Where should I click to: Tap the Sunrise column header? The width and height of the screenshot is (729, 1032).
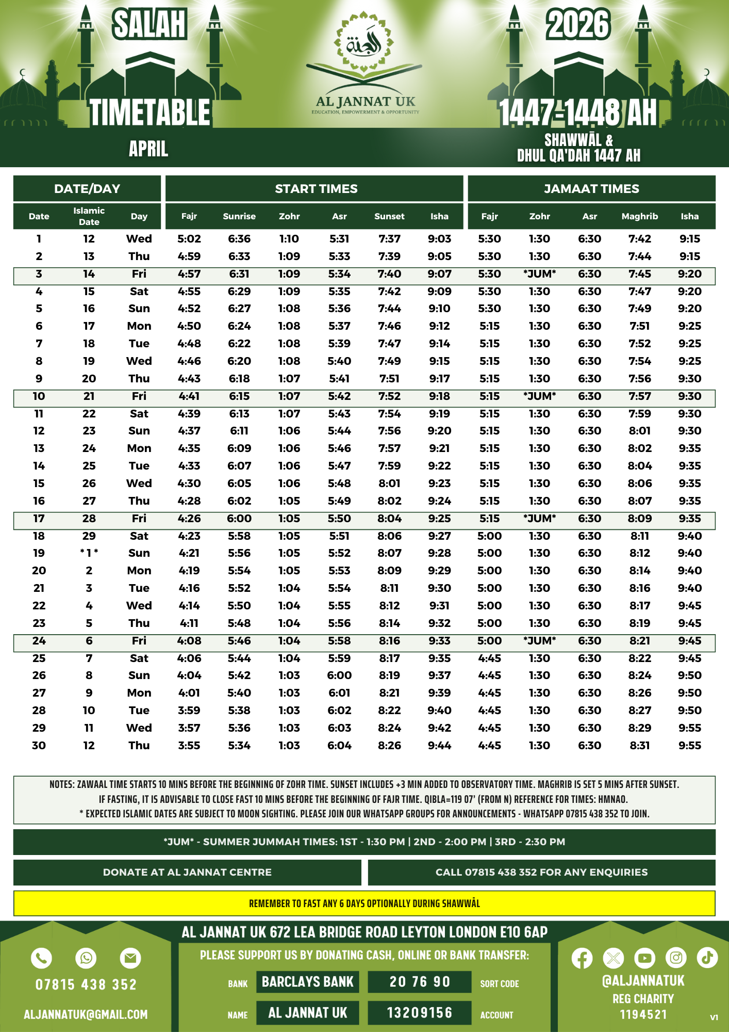tap(239, 216)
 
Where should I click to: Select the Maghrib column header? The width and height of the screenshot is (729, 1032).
tap(639, 216)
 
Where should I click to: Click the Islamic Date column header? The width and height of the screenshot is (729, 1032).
tap(89, 216)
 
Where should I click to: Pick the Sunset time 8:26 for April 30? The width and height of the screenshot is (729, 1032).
tap(389, 745)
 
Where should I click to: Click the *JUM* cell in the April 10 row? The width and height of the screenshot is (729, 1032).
tap(539, 396)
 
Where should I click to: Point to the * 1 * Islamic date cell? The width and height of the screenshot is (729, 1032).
tap(89, 553)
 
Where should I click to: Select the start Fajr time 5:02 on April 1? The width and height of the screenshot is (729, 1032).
tap(189, 239)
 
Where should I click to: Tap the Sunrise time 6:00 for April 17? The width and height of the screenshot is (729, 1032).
tap(239, 519)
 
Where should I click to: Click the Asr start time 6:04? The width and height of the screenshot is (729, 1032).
tap(339, 745)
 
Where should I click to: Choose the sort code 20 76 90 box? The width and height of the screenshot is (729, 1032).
tap(419, 981)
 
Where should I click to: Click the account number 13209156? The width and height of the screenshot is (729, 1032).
tap(419, 1012)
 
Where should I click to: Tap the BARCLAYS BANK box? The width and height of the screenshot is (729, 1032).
tap(308, 981)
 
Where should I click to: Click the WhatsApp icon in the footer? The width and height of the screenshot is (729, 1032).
tap(86, 958)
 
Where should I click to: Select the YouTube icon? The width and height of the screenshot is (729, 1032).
tap(644, 958)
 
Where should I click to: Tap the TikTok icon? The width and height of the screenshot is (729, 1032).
tap(707, 958)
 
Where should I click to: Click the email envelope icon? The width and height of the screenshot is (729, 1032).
tap(130, 958)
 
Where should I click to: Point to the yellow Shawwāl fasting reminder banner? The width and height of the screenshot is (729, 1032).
tap(364, 904)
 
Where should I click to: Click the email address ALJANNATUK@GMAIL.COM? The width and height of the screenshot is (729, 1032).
tap(86, 1014)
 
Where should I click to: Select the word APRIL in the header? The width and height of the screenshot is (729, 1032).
tap(148, 149)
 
